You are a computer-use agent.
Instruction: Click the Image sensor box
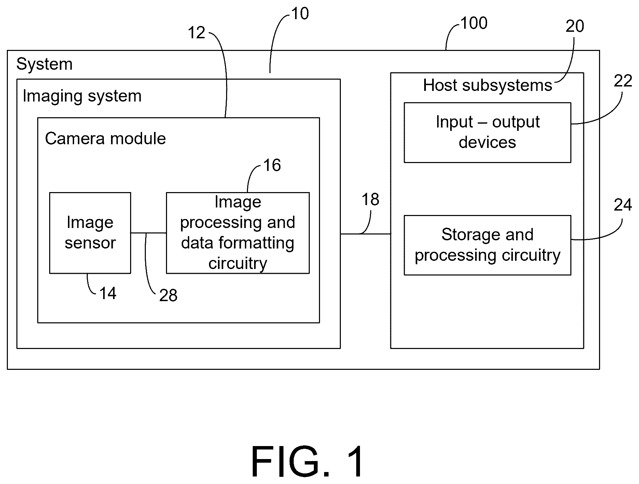tap(90, 233)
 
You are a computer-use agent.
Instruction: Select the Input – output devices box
tap(487, 132)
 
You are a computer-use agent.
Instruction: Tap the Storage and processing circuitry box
tap(487, 245)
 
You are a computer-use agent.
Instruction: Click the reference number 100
tap(474, 23)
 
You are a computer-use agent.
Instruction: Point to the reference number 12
tap(196, 33)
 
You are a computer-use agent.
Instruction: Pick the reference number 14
tap(108, 293)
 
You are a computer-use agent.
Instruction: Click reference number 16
tap(272, 165)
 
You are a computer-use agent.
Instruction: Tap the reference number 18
tap(370, 199)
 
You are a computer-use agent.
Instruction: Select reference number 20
tap(575, 26)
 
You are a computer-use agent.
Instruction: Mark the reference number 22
tap(623, 81)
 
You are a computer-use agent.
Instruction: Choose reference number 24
tap(623, 205)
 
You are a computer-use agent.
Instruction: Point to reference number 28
tap(168, 295)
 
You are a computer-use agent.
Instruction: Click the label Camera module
tap(106, 138)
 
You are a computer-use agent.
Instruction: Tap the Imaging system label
tap(82, 96)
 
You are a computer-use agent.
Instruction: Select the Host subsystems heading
tap(487, 85)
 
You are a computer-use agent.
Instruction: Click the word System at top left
tap(44, 64)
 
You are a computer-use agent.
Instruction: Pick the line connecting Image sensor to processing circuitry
tap(149, 233)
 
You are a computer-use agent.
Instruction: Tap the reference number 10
tap(300, 14)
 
